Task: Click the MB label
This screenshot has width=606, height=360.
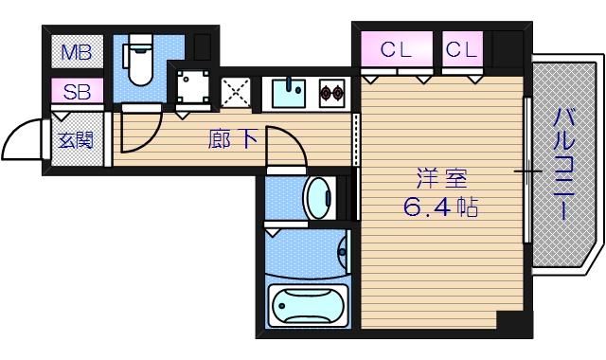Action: [77, 52]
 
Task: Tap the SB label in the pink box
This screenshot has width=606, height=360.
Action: [77, 93]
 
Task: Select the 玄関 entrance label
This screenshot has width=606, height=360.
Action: [76, 141]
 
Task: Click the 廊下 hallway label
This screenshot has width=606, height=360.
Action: [232, 140]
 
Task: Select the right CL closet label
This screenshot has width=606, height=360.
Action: [462, 50]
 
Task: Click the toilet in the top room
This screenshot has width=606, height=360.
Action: [139, 62]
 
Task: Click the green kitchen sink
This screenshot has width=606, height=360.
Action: [290, 93]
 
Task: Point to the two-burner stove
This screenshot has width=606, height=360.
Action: [332, 93]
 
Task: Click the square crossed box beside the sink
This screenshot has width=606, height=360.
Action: [235, 92]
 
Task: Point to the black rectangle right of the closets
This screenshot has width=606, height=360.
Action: [507, 47]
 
